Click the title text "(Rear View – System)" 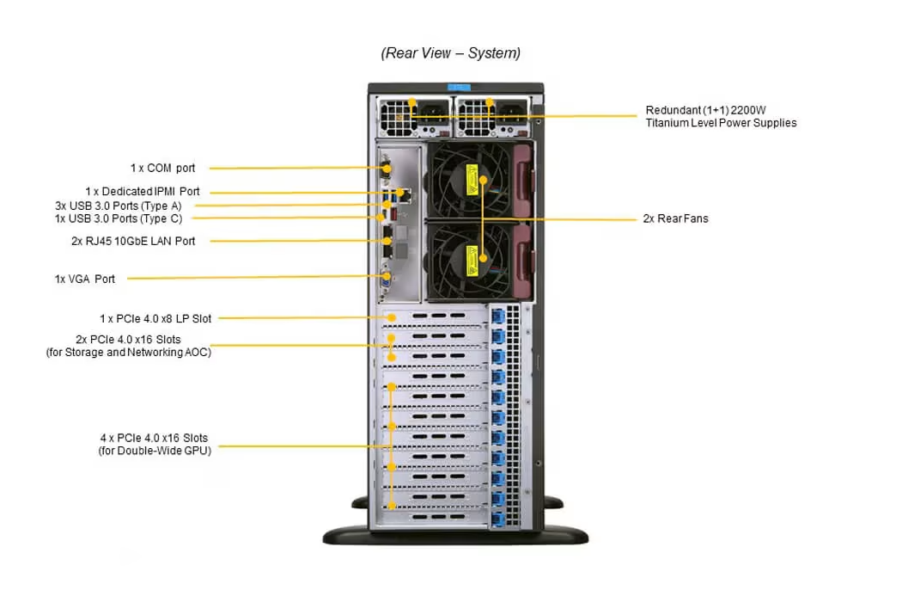450,53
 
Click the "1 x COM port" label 162,169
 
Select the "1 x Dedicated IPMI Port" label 142,192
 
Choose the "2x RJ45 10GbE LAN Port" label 133,241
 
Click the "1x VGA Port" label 85,279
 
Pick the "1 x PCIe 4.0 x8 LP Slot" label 155,318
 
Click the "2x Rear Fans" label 675,218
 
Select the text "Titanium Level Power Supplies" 721,123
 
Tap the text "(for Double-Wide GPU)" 155,451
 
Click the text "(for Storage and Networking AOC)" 128,352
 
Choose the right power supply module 490,116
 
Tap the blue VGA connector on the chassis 387,281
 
